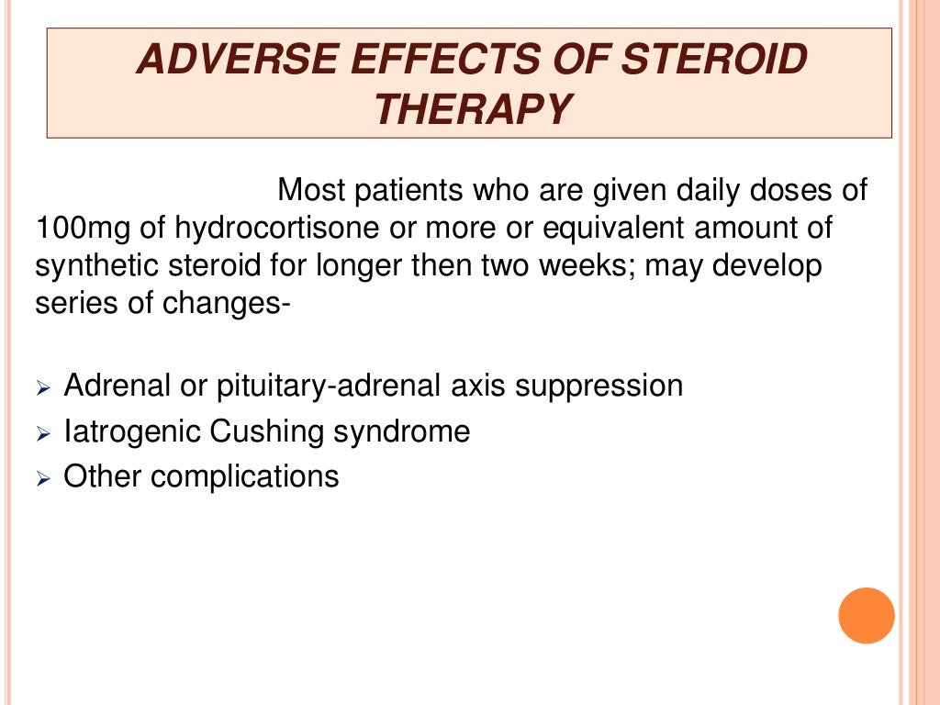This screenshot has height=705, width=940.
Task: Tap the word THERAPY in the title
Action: (472, 109)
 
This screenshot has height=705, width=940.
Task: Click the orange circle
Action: (866, 615)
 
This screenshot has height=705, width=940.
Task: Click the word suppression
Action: (599, 386)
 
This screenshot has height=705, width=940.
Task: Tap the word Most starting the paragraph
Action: (313, 191)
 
